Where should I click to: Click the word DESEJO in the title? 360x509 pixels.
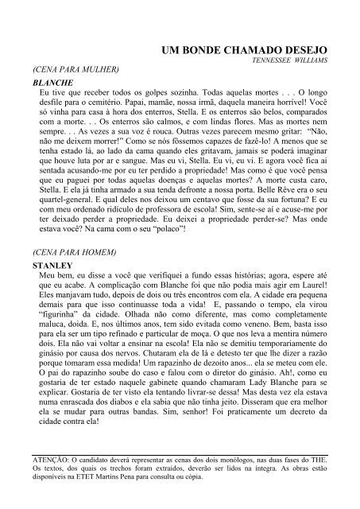pyautogui.click(x=307, y=49)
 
